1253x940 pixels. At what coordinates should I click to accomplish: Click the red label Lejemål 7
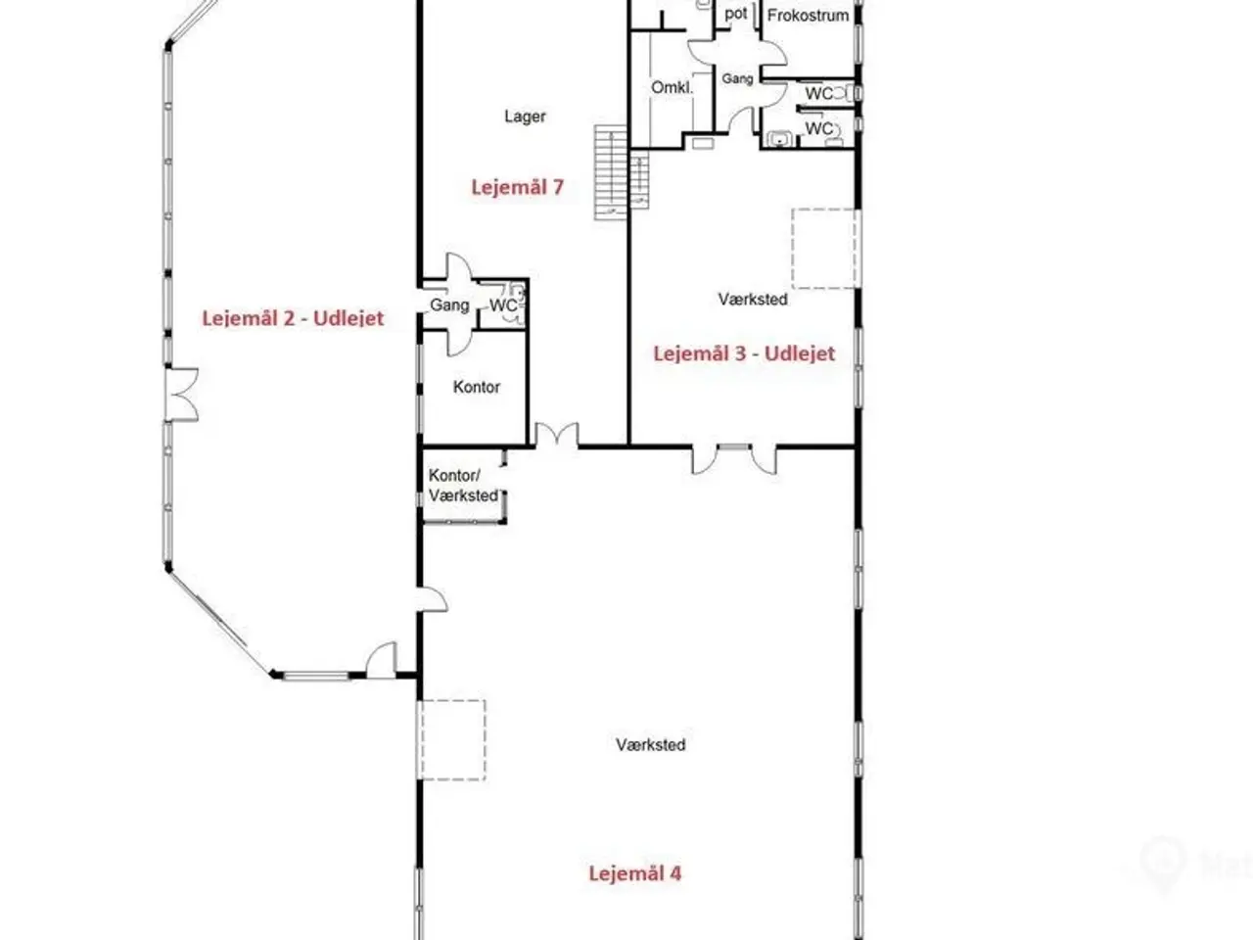(x=517, y=187)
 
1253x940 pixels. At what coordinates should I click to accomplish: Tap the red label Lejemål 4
(x=634, y=873)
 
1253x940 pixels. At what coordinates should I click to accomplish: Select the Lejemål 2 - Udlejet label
(x=293, y=318)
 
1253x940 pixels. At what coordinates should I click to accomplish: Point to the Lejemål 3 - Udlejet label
(x=744, y=353)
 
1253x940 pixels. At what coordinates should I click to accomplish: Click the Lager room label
(x=525, y=117)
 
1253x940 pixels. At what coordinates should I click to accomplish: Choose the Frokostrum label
(x=808, y=16)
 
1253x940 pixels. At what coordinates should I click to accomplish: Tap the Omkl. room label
(x=672, y=88)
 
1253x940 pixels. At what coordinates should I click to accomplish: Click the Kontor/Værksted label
(x=463, y=485)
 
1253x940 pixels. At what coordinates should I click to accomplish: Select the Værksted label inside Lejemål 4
(x=651, y=745)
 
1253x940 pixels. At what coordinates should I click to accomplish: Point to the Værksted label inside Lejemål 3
(x=753, y=299)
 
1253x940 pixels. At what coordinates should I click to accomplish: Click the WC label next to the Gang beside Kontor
(x=503, y=305)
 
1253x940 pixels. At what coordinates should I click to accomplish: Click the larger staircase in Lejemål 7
(x=611, y=172)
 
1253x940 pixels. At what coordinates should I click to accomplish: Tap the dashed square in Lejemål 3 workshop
(x=825, y=249)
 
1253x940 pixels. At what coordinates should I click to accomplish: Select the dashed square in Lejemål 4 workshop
(x=451, y=739)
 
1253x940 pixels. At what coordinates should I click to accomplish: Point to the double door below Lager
(x=557, y=435)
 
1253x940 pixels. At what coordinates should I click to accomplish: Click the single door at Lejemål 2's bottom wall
(x=381, y=660)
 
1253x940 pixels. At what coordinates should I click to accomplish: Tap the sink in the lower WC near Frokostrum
(x=778, y=139)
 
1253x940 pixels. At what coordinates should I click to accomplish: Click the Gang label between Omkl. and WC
(x=737, y=78)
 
